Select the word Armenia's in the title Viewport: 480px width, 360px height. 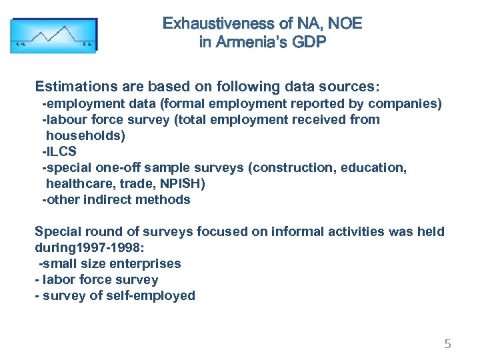pyautogui.click(x=257, y=43)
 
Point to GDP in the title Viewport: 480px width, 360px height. pyautogui.click(x=311, y=43)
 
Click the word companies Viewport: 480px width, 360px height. pyautogui.click(x=405, y=104)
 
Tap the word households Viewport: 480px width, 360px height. pyautogui.click(x=85, y=135)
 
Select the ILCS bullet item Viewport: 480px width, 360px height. pyautogui.click(x=61, y=151)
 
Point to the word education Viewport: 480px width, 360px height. pyautogui.click(x=373, y=167)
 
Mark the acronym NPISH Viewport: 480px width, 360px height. pyautogui.click(x=182, y=183)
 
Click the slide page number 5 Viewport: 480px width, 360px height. pyautogui.click(x=448, y=344)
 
